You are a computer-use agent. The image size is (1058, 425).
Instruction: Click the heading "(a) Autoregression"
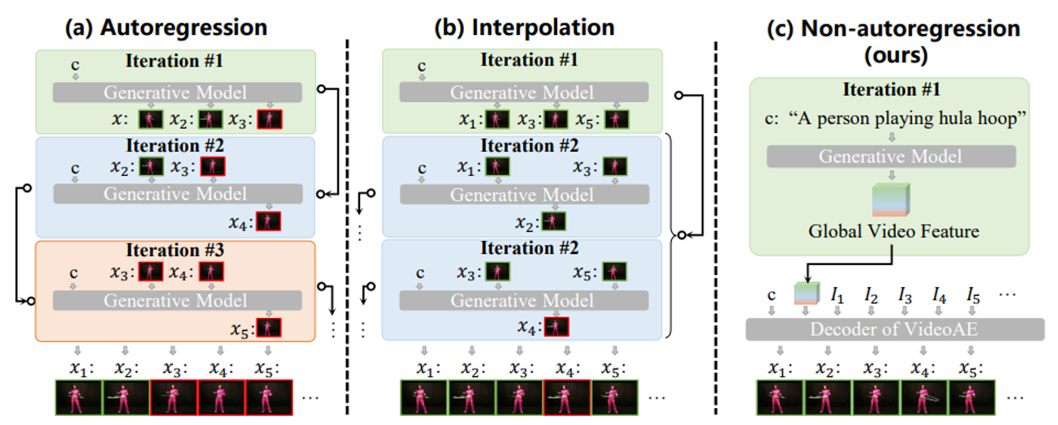(x=167, y=27)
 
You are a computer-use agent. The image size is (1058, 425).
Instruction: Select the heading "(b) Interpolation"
(x=525, y=27)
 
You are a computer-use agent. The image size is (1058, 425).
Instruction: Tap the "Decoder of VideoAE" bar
(x=894, y=328)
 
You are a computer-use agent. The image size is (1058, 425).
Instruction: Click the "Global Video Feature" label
(x=893, y=232)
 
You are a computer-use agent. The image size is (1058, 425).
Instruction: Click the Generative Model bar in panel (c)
(x=891, y=155)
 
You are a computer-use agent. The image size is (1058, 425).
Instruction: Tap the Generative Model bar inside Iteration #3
(x=178, y=299)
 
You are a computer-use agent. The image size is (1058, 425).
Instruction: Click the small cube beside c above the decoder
(x=803, y=292)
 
